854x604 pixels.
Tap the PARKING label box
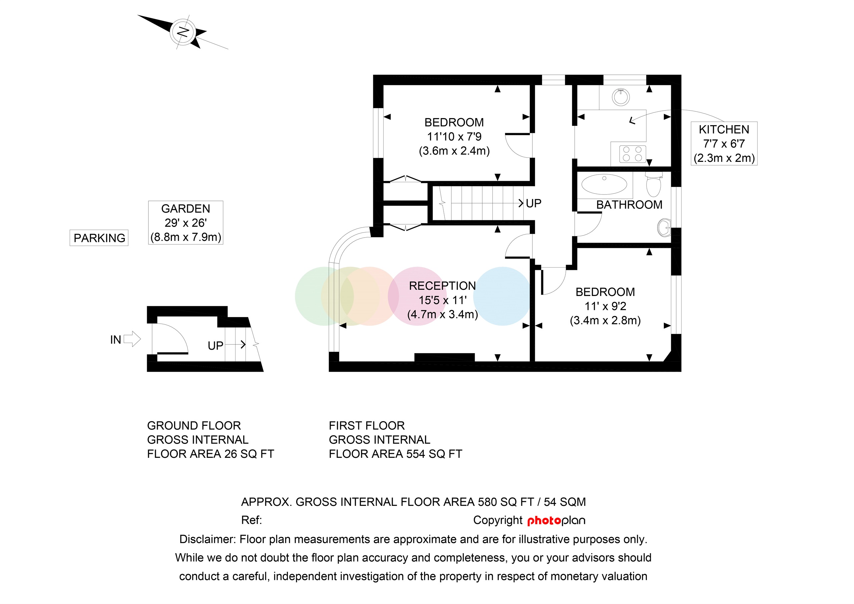[x=99, y=238]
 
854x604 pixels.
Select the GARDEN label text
[x=185, y=209]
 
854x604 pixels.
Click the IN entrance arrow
[x=132, y=339]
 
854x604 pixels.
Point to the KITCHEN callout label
[x=724, y=129]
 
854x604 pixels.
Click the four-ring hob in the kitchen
[x=632, y=154]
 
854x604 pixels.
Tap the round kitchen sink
[x=620, y=97]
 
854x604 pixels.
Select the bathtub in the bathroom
[x=604, y=184]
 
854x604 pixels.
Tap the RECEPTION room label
[x=442, y=286]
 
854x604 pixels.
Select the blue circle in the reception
[x=502, y=296]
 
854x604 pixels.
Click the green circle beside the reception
[x=313, y=296]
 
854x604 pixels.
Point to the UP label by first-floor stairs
[x=533, y=203]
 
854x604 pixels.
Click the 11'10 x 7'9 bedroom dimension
[x=454, y=136]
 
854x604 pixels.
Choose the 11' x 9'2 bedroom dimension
[x=605, y=306]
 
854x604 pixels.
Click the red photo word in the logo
[x=544, y=521]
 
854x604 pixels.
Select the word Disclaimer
[x=207, y=539]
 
